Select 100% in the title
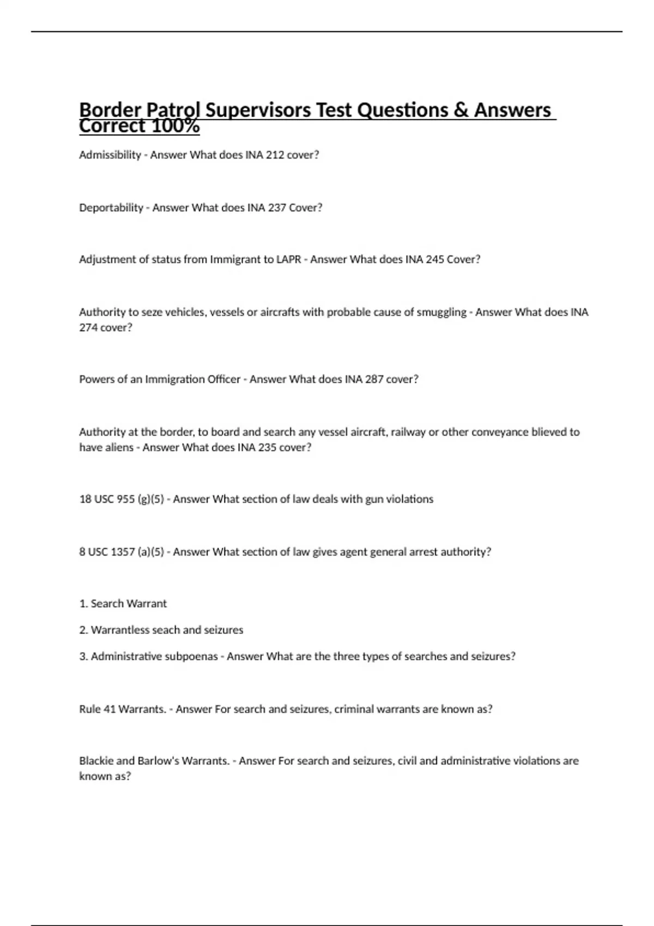click(x=175, y=126)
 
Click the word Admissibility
click(x=110, y=155)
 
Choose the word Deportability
click(x=111, y=208)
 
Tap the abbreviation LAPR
click(x=288, y=259)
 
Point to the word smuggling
click(x=441, y=312)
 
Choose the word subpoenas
click(x=193, y=656)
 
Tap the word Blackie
click(x=96, y=760)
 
